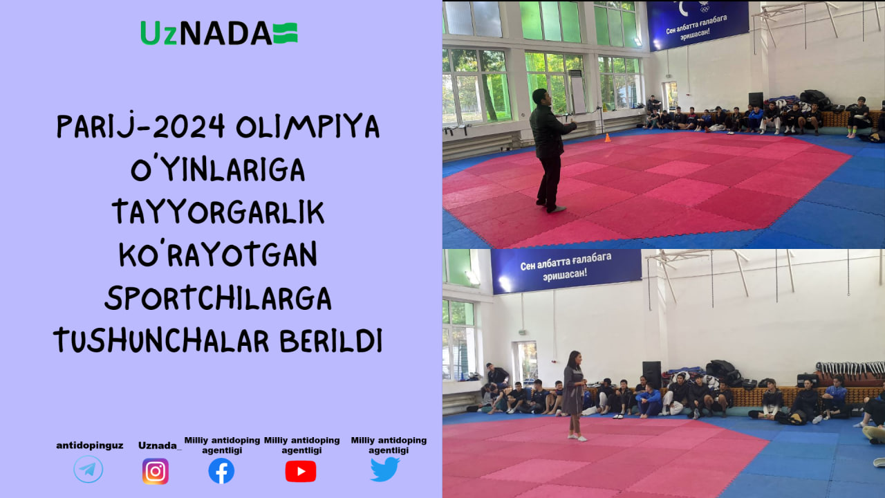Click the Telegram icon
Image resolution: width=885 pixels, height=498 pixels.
pos(88,469)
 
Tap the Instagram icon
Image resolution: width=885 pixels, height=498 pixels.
pos(156,471)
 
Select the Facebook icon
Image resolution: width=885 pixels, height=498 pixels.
pos(221,471)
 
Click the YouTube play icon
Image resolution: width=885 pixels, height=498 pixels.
pos(301,472)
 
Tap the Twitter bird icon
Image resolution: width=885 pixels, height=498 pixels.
pos(385,469)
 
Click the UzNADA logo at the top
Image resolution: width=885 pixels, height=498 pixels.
pos(219,33)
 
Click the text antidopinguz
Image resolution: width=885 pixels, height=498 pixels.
pos(90,446)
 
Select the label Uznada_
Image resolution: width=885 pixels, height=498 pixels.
pos(160,446)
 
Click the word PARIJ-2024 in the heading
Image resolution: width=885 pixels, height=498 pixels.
pos(141,126)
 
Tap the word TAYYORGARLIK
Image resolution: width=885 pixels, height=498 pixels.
pos(218,212)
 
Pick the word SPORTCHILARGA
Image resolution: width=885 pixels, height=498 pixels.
pos(218,297)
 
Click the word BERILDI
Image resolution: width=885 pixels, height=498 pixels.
pos(331,340)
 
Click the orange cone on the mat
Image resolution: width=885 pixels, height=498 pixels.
pos(608,138)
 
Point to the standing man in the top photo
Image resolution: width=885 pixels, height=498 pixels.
pos(550,150)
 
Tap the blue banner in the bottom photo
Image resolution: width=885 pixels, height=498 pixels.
pos(566,270)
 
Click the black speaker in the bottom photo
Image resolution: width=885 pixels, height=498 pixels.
pos(651,375)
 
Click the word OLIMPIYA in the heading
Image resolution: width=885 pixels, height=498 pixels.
pos(308,127)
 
